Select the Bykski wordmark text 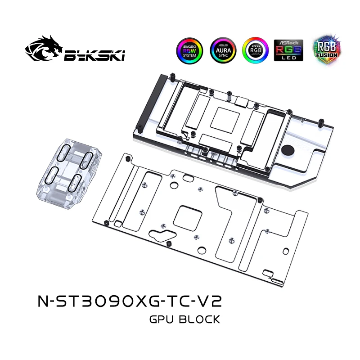[x=94, y=55]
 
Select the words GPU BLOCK [x=184, y=320]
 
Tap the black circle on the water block [x=288, y=152]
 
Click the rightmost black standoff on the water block [x=323, y=121]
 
